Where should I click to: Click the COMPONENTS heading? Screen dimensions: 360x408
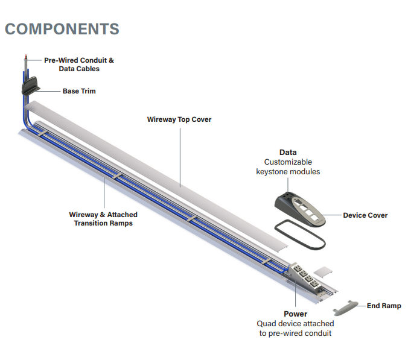click(62, 28)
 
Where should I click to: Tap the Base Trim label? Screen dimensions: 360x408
click(79, 91)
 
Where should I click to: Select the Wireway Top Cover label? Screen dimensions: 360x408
click(179, 119)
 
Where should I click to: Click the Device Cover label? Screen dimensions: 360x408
click(365, 215)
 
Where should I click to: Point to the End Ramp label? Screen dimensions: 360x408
click(384, 306)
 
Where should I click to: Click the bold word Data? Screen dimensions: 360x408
click(288, 153)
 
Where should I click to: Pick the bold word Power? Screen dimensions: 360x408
click(295, 314)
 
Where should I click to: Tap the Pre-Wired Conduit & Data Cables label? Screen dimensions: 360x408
click(79, 65)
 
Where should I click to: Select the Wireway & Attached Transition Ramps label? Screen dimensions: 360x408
click(103, 218)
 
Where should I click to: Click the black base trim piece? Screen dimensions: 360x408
click(30, 85)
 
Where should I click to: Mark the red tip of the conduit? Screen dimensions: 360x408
click(25, 57)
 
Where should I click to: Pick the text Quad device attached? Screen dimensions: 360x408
click(295, 324)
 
